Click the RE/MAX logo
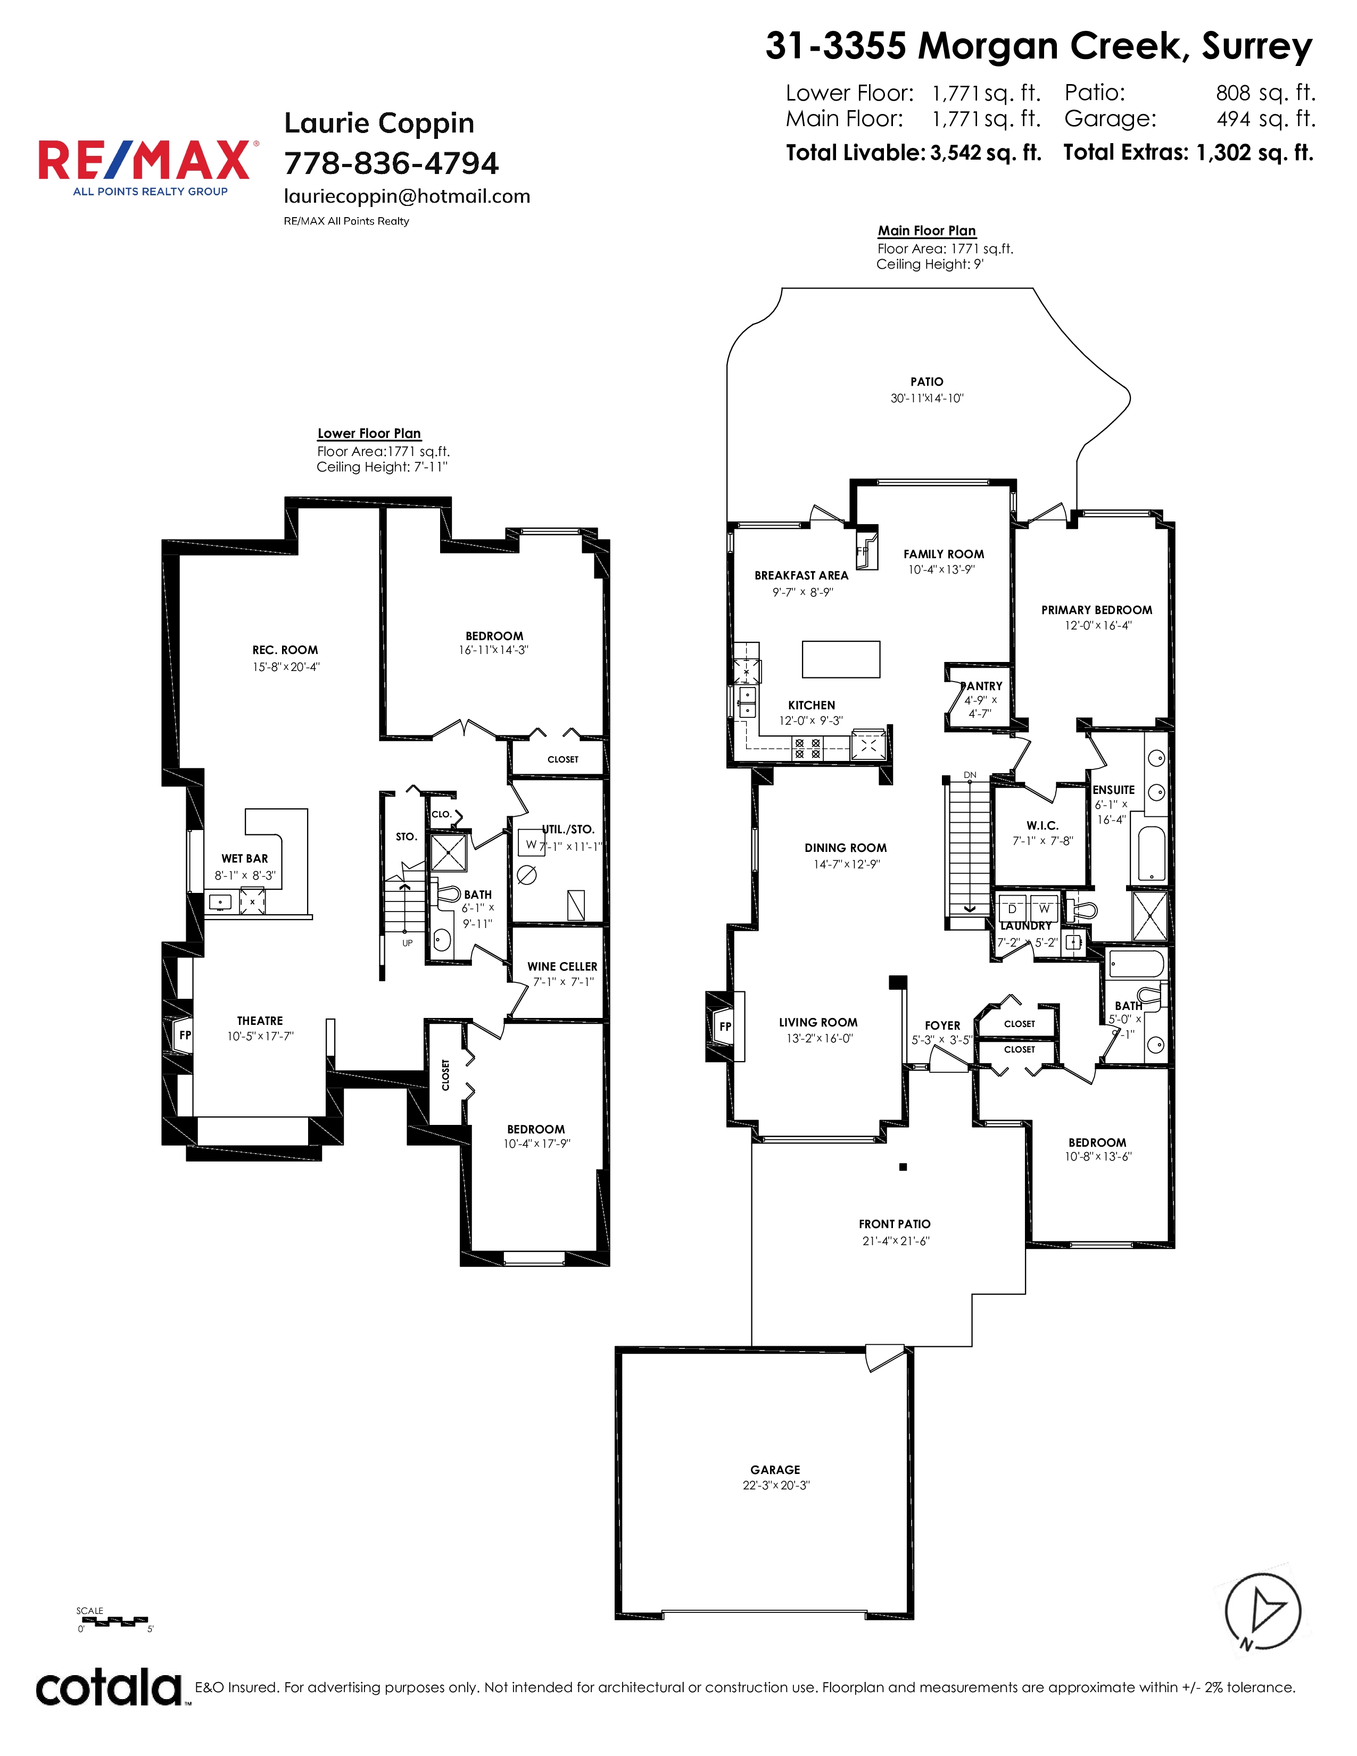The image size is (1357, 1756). pos(148,167)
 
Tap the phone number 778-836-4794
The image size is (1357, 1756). pos(392,163)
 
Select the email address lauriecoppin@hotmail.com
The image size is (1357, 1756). pos(407,197)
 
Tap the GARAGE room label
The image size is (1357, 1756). pos(775,1469)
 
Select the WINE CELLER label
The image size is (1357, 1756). pos(562,966)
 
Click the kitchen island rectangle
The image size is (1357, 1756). pos(841,659)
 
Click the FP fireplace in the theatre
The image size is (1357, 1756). pos(181,1036)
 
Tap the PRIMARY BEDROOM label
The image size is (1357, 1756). pos(1097,610)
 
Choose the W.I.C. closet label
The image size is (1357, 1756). pos(1042,826)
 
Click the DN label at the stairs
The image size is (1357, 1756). pos(970,776)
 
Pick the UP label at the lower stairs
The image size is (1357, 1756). pos(408,943)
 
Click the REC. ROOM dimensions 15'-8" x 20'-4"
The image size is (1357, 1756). pos(286,667)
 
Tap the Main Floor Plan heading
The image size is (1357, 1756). pos(927,231)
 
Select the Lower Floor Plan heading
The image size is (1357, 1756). pos(369,433)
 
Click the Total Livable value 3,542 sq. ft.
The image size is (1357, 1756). pos(986,153)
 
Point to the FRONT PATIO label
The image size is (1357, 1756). pos(895,1224)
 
